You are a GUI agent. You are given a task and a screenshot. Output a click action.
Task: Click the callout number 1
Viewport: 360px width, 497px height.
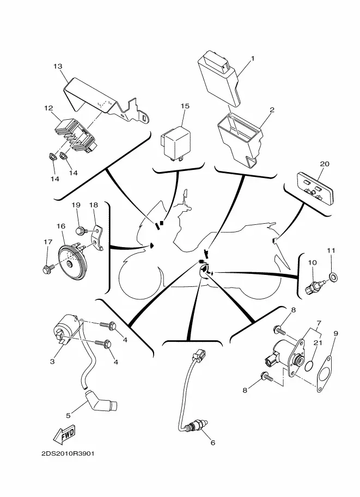[x=252, y=58]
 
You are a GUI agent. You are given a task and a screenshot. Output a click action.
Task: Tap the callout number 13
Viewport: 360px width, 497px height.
[x=58, y=66]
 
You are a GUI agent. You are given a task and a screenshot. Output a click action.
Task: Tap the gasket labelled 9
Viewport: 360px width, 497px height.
[x=325, y=373]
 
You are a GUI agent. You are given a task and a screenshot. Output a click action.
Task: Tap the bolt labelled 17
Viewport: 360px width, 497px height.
[x=47, y=268]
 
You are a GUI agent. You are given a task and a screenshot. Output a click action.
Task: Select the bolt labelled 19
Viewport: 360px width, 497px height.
[x=81, y=231]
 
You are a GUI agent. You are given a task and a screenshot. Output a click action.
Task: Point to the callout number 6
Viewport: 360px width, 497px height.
[x=212, y=443]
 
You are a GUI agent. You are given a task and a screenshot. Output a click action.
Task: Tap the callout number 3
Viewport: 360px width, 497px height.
[x=53, y=361]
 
